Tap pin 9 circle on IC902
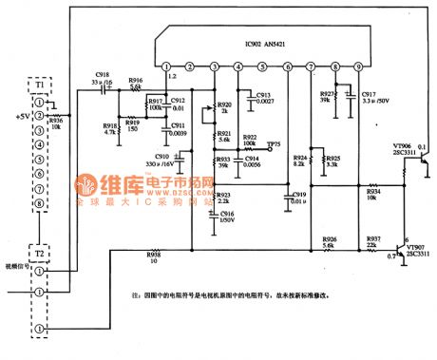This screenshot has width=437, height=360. point(358,66)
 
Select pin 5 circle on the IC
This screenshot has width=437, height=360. point(262,66)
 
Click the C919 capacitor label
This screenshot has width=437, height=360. point(298,197)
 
